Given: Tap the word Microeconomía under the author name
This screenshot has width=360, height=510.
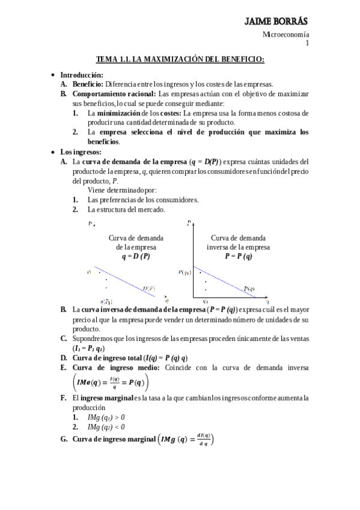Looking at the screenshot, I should click(x=286, y=35).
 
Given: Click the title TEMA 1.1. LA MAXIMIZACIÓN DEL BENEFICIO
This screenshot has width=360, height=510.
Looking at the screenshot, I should click(x=180, y=59).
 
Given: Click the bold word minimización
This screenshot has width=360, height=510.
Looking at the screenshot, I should click(x=119, y=113).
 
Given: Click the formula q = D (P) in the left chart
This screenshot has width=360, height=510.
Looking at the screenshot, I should click(x=136, y=256).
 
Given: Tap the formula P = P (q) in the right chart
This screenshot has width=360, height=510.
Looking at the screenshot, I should click(x=239, y=256).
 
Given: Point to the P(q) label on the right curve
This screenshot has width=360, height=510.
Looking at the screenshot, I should click(x=249, y=289).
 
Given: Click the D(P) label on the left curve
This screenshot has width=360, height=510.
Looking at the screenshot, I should click(x=149, y=289).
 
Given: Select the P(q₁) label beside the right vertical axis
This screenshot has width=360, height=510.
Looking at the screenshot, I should click(x=185, y=272).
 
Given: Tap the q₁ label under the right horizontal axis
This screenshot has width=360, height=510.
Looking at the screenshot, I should click(x=206, y=301).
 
